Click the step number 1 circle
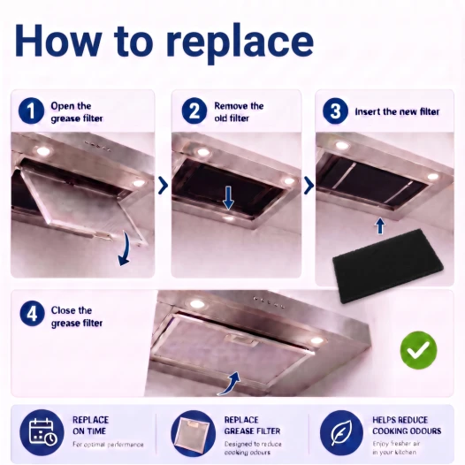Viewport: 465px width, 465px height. coord(31,111)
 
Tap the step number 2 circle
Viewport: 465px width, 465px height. coord(194,111)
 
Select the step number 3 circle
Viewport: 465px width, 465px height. coord(335,111)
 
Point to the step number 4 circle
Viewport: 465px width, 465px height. coord(33,314)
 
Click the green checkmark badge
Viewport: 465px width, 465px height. coord(418,350)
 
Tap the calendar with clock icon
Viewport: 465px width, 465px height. coord(42,432)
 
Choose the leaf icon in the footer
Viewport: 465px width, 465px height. coord(341,432)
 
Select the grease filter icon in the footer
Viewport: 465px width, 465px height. coord(193,432)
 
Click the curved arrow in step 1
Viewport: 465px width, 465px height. coord(126,249)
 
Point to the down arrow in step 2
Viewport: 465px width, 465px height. coord(228,198)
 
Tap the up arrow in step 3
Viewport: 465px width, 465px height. coord(380,226)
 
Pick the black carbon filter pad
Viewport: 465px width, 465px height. coord(388,266)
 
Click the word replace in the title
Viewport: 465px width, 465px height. coord(240,42)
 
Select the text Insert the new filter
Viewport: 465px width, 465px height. coord(397,111)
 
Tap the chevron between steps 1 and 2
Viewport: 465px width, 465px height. coord(163,186)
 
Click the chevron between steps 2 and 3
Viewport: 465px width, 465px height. coord(309,186)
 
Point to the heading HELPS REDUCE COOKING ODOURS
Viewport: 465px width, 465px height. coord(407,425)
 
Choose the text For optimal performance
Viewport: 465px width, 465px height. coord(108,445)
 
